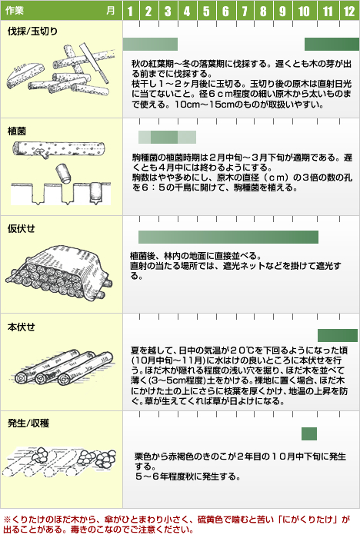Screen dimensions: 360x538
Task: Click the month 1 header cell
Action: (x=131, y=11)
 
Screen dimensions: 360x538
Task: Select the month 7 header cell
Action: (x=245, y=11)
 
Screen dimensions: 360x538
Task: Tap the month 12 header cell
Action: (x=349, y=11)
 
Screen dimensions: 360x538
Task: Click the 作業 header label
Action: (x=15, y=11)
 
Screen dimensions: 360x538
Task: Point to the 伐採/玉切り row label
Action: (x=32, y=32)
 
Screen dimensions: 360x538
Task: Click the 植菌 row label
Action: (x=17, y=131)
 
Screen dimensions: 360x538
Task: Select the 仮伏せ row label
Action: (x=22, y=228)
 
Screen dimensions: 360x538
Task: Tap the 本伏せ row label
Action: (x=22, y=327)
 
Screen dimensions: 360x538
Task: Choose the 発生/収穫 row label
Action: (x=28, y=423)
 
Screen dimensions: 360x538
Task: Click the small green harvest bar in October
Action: (x=309, y=433)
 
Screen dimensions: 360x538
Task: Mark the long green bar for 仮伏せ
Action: (x=228, y=237)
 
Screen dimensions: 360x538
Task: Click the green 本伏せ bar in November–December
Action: (x=338, y=335)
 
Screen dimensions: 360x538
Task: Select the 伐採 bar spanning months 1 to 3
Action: (x=151, y=45)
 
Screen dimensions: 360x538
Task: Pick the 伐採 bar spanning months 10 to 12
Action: (x=332, y=45)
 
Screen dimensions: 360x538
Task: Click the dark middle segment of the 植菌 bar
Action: (x=164, y=138)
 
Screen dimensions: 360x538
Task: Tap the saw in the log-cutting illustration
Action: (x=94, y=63)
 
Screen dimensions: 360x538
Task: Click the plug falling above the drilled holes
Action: (x=63, y=173)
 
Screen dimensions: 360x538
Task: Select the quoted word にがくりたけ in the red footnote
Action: (x=312, y=520)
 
